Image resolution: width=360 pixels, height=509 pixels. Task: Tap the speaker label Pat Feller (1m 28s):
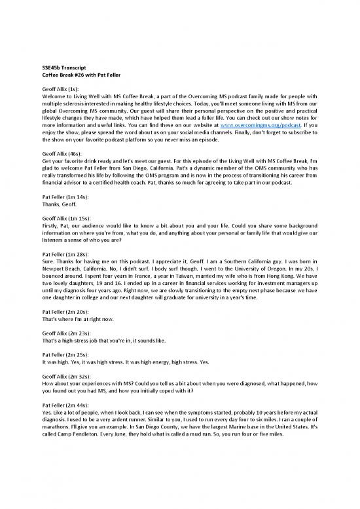click(x=64, y=254)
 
